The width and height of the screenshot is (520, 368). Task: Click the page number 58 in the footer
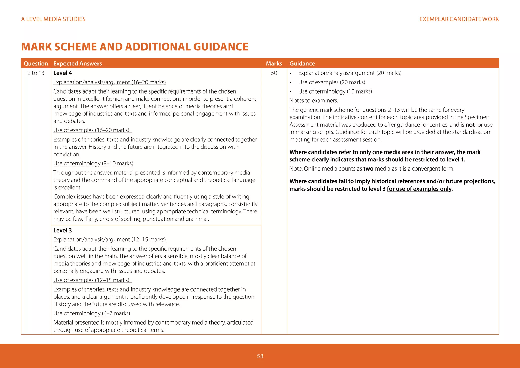tap(260, 356)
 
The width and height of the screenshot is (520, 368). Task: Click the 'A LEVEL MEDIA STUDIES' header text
tap(53, 19)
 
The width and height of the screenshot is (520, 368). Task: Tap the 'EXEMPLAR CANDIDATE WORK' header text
tap(459, 19)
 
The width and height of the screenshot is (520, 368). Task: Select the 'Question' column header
tap(36, 63)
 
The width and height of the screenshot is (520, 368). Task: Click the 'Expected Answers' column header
tap(77, 63)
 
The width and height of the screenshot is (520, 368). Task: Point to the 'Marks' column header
tap(274, 63)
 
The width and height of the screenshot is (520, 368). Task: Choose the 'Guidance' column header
tap(302, 63)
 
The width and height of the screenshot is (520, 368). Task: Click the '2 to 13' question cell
tap(36, 73)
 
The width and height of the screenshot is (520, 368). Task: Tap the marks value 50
tap(274, 73)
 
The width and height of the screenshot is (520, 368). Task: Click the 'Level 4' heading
tap(62, 73)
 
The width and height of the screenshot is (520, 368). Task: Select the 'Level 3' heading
tap(62, 231)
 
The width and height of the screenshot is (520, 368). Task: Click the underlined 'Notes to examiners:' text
tap(314, 101)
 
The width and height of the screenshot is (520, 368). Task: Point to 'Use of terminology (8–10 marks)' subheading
tap(93, 163)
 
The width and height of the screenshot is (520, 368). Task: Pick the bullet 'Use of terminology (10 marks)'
tap(335, 91)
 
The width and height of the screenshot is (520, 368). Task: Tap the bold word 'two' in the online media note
tap(368, 169)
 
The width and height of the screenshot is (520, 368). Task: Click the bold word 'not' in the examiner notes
tap(470, 125)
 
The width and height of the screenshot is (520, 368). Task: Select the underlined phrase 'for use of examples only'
tap(419, 189)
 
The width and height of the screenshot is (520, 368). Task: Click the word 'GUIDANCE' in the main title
tap(221, 47)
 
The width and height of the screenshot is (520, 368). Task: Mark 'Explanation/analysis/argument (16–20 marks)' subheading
tap(109, 82)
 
